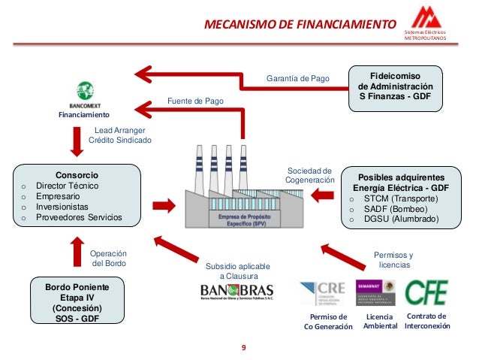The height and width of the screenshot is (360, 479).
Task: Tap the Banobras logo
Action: click(236, 291)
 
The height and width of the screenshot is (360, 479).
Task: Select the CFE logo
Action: click(426, 292)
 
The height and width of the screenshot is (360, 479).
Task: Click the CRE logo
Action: click(323, 293)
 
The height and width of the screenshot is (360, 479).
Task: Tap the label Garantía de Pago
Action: click(298, 78)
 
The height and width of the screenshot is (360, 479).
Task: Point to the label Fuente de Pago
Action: click(194, 101)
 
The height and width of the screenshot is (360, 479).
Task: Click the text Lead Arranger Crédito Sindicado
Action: click(120, 135)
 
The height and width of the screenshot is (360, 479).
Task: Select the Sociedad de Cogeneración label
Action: click(310, 174)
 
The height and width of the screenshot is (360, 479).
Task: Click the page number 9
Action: click(243, 347)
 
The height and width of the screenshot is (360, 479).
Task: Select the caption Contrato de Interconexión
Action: click(426, 322)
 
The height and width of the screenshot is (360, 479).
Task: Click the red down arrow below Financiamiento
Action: click(77, 139)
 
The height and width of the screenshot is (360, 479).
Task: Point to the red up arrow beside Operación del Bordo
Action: click(77, 253)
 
